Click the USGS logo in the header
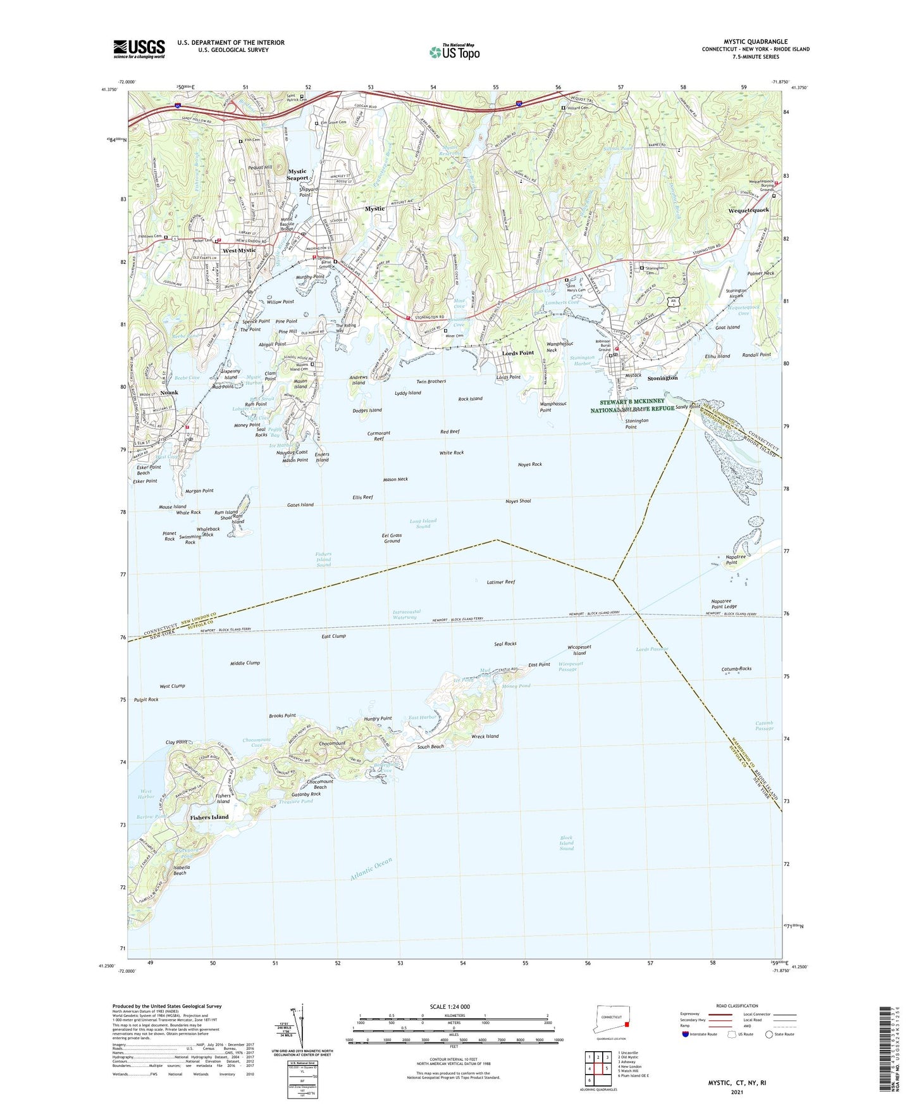point(139,48)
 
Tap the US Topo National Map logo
point(454,51)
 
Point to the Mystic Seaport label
point(297,175)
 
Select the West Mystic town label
point(239,251)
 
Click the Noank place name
point(170,392)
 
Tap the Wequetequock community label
point(748,210)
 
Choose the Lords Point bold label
point(518,353)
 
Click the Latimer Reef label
point(501,582)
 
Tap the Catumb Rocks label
point(736,668)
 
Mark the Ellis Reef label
point(362,497)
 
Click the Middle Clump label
point(245,663)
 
